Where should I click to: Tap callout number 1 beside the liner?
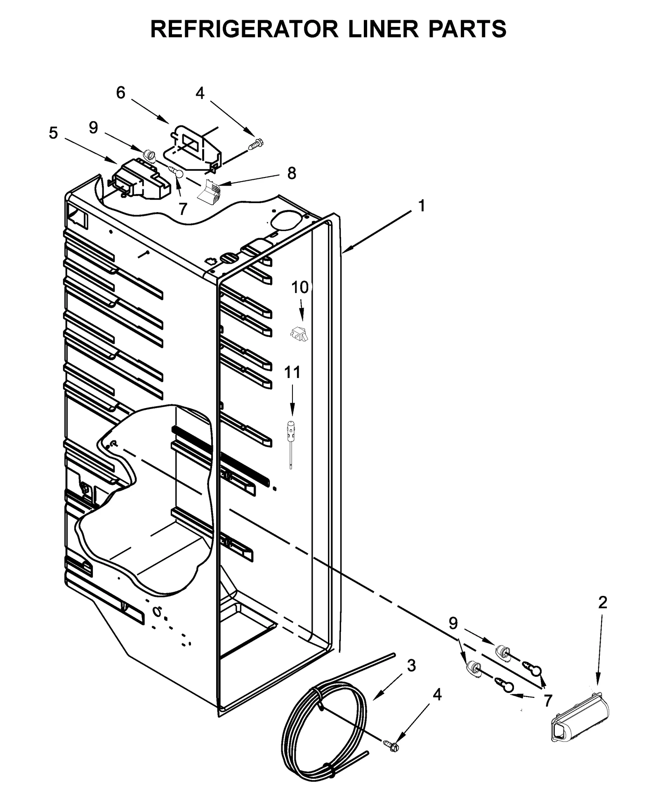click(x=421, y=206)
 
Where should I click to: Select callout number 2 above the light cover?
click(x=602, y=603)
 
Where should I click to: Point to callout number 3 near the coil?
click(x=411, y=666)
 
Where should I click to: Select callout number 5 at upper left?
click(x=53, y=133)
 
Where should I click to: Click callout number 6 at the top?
click(x=120, y=93)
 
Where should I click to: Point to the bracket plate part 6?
click(x=194, y=147)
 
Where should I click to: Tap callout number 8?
click(x=291, y=173)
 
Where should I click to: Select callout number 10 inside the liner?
click(x=300, y=288)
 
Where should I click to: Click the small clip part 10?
click(x=299, y=333)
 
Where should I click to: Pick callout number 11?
click(x=292, y=372)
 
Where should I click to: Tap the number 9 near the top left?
click(x=94, y=128)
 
